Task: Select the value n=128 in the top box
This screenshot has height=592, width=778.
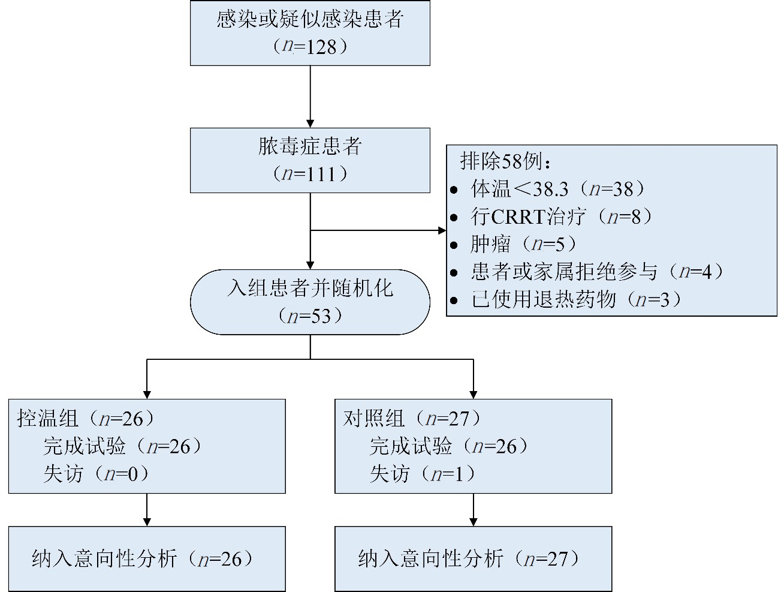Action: [x=310, y=46]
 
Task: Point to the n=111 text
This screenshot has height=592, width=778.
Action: [x=310, y=174]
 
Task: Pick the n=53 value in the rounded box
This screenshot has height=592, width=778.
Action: [x=310, y=315]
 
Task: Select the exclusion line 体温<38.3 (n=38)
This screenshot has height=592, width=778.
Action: [x=557, y=189]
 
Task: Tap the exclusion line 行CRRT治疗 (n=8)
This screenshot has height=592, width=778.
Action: [x=561, y=216]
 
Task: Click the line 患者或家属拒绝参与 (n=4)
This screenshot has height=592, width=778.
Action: [x=597, y=271]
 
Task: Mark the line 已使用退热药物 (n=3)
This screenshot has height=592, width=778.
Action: [x=576, y=299]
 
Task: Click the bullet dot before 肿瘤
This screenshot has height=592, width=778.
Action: [x=454, y=245]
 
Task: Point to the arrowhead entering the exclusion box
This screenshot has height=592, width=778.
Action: [x=442, y=230]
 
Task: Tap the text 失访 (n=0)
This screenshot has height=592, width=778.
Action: [x=96, y=474]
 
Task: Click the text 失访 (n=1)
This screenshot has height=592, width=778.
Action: [x=423, y=474]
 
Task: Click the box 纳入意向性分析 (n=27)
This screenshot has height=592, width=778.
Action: [x=473, y=559]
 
